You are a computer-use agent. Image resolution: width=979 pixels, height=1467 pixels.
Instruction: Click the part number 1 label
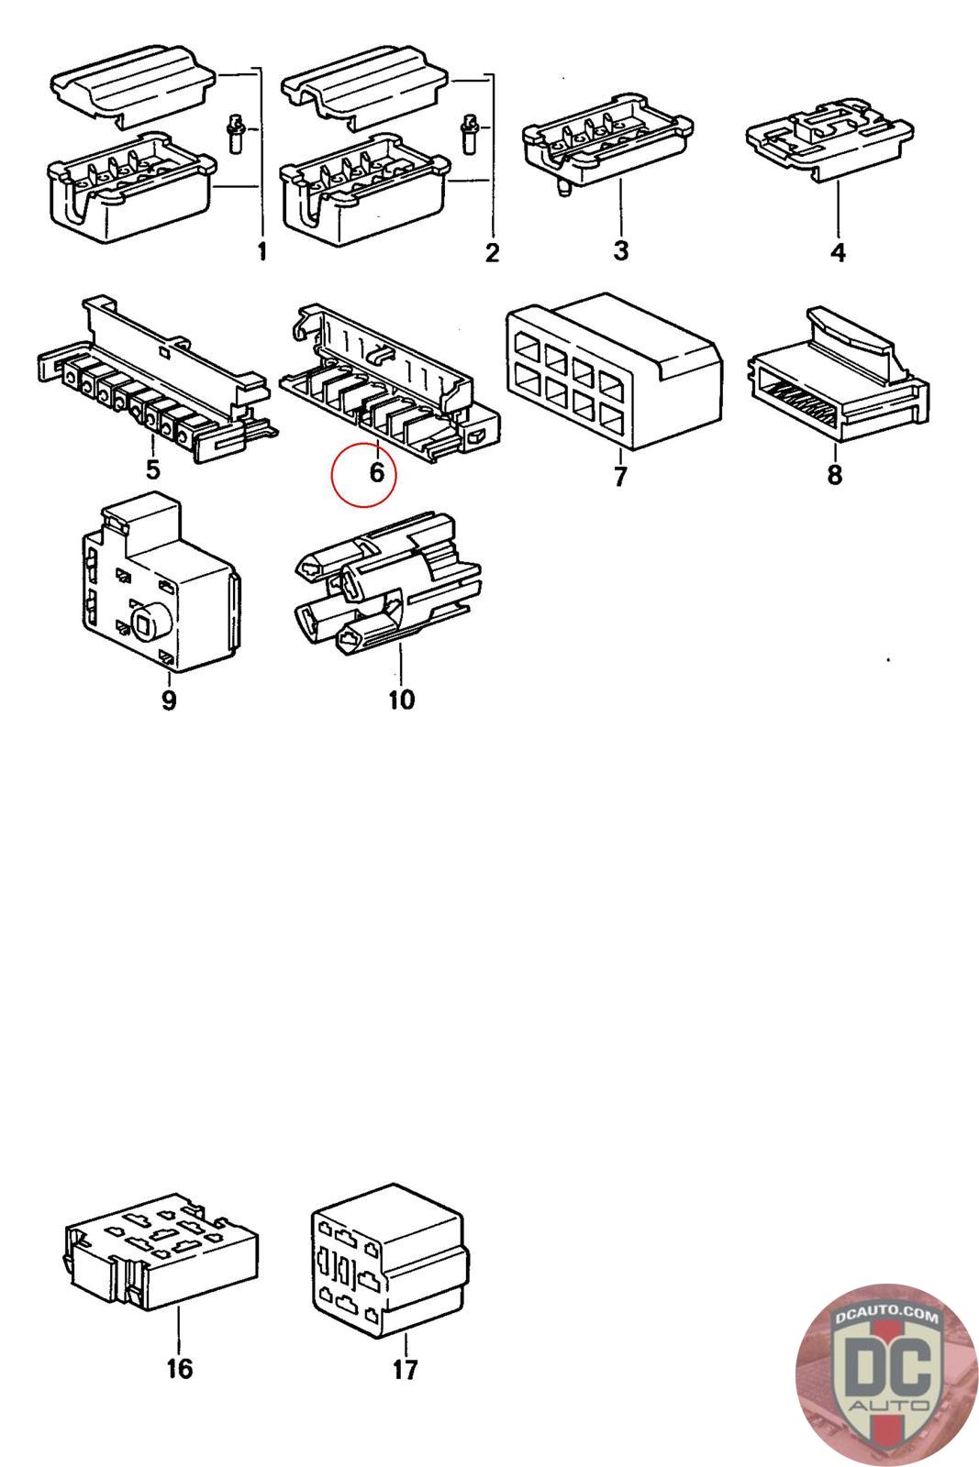262,250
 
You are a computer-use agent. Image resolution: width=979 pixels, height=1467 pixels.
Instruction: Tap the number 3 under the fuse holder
621,249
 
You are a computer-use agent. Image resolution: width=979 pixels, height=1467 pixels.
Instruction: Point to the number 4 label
838,251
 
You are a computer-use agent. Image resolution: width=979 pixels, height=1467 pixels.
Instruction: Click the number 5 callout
152,469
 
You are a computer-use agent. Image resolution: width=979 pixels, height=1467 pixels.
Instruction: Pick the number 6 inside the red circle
376,473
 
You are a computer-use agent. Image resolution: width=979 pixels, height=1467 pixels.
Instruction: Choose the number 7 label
620,477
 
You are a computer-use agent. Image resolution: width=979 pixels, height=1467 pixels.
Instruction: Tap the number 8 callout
834,475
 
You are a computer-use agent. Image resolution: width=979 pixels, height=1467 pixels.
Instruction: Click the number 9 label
169,700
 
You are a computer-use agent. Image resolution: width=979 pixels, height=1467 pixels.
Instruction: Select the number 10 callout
401,700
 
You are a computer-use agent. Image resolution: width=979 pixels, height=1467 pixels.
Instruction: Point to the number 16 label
180,1369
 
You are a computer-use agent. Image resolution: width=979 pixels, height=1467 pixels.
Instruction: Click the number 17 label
405,1370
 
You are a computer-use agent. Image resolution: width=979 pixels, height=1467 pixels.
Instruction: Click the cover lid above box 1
132,88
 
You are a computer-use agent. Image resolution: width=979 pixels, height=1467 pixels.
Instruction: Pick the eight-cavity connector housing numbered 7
611,375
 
